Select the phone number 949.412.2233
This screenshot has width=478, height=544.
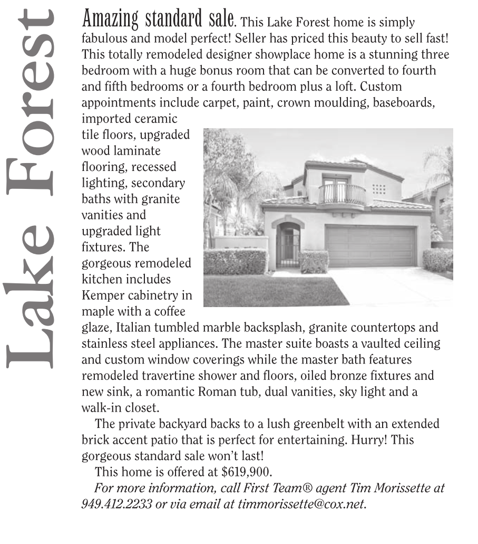pos(116,503)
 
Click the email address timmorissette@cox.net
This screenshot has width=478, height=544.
pos(301,503)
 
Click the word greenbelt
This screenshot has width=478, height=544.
pos(295,424)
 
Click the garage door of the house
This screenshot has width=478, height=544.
pos(370,246)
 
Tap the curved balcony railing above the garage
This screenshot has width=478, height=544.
pos(342,195)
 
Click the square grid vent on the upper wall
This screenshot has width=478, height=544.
pos(378,188)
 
